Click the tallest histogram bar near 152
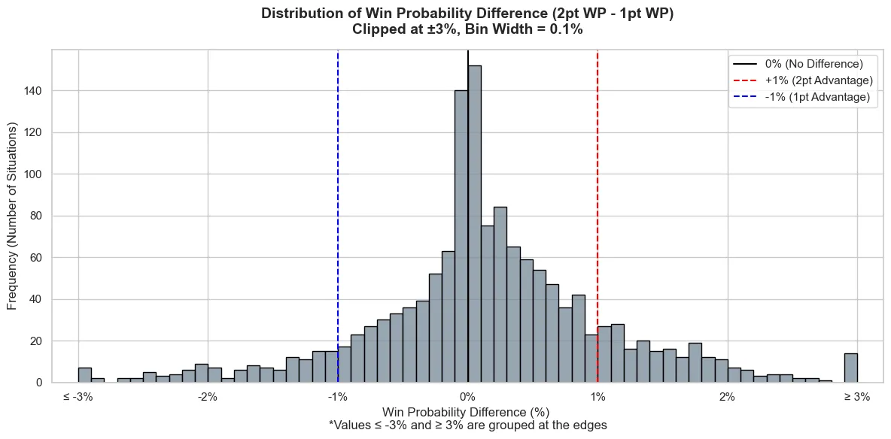pyautogui.click(x=475, y=224)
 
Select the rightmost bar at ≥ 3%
pyautogui.click(x=850, y=368)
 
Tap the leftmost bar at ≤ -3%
pyautogui.click(x=85, y=375)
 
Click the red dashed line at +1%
pyautogui.click(x=598, y=216)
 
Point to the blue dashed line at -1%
pyautogui.click(x=338, y=216)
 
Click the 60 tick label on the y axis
pyautogui.click(x=40, y=258)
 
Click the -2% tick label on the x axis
pyautogui.click(x=208, y=397)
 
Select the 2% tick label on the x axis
pyautogui.click(x=727, y=397)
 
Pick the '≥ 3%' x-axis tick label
pyautogui.click(x=857, y=397)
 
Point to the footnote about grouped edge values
pyautogui.click(x=467, y=425)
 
